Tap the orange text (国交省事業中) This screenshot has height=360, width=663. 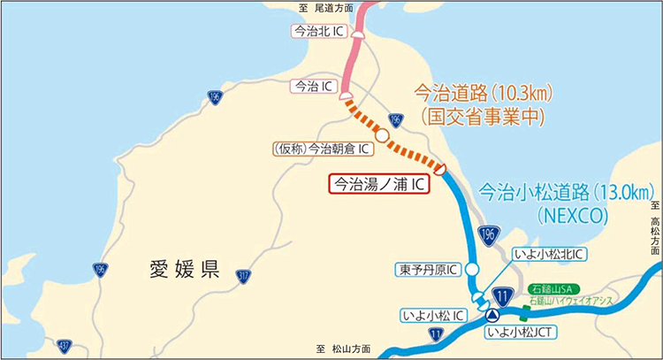click(x=483, y=115)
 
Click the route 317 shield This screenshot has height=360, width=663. click(x=243, y=278)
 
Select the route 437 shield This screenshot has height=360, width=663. click(x=65, y=344)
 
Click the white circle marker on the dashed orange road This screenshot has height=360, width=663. click(x=382, y=135)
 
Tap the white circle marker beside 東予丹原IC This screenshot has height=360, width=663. click(x=473, y=268)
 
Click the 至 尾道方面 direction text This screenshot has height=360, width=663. click(x=326, y=7)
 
